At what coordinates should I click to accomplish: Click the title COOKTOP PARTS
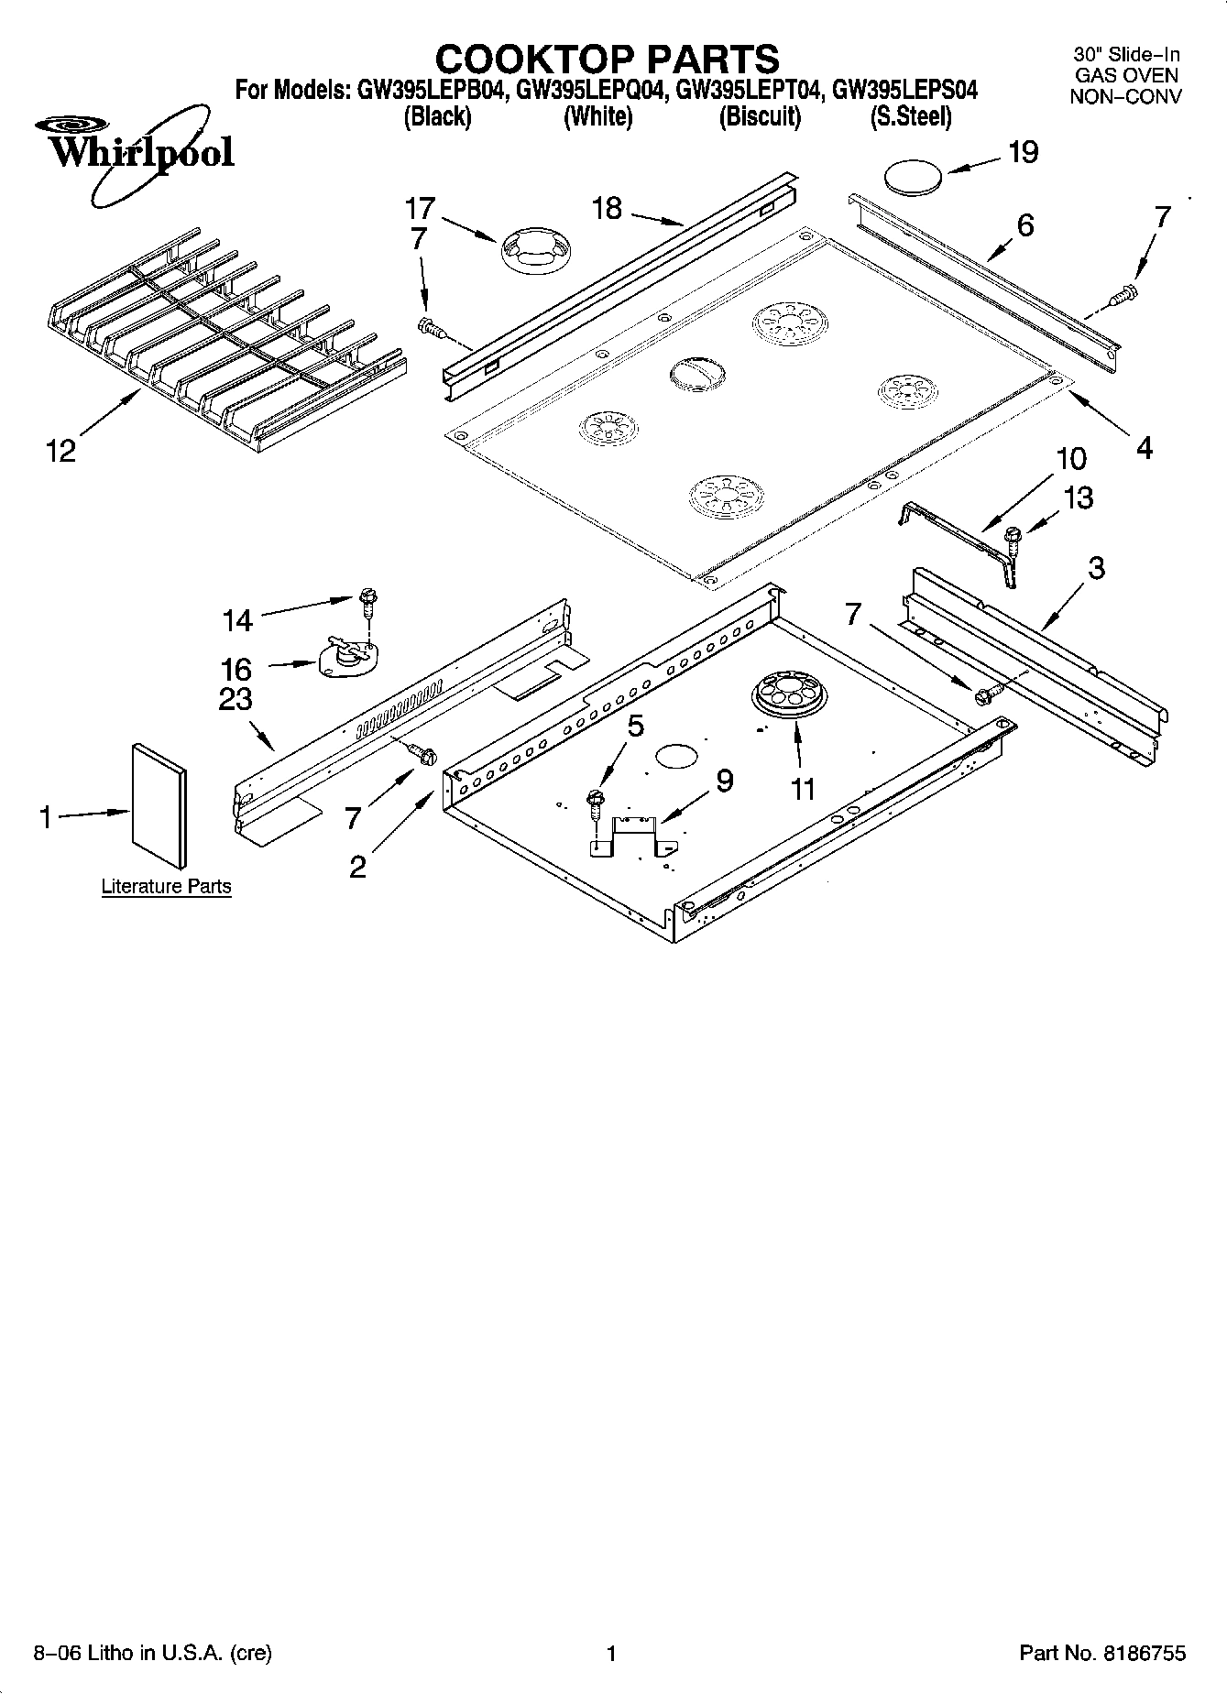click(x=607, y=60)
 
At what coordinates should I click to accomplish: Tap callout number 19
click(x=1023, y=152)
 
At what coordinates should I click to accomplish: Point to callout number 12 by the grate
click(x=61, y=451)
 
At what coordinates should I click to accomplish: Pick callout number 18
click(x=607, y=208)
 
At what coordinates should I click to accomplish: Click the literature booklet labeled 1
click(x=159, y=804)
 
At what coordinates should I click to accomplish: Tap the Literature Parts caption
click(x=166, y=886)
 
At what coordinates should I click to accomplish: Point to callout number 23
click(x=236, y=699)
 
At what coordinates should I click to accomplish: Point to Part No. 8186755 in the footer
click(x=1102, y=1653)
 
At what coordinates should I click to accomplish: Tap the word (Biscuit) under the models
click(x=760, y=117)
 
